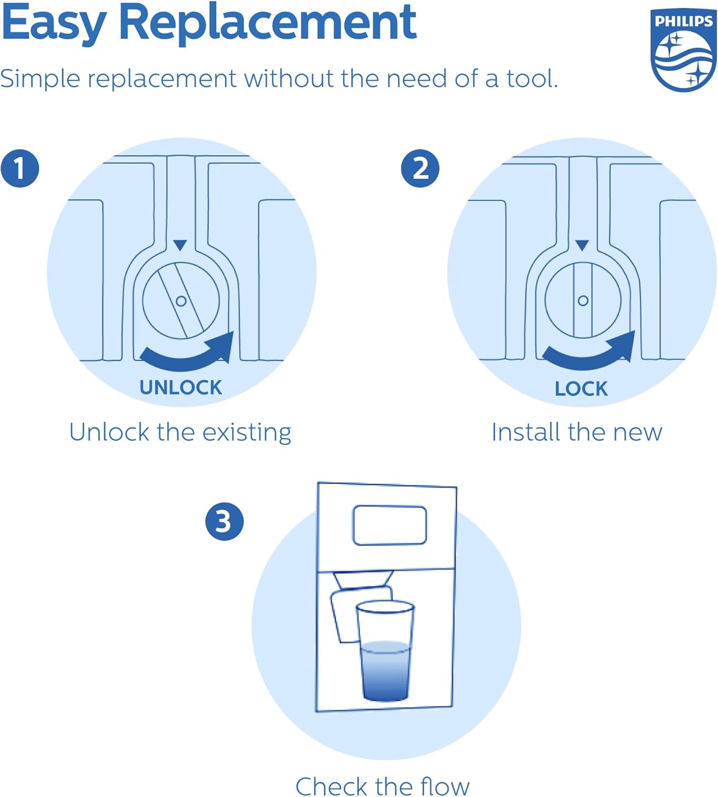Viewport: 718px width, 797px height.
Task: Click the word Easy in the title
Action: point(53,24)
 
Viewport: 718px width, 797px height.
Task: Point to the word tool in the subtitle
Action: point(531,79)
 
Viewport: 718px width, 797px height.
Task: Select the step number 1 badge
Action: point(20,168)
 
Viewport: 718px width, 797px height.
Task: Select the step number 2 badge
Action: point(420,168)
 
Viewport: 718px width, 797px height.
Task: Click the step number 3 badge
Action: point(224,521)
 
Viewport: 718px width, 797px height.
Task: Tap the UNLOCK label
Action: point(181,387)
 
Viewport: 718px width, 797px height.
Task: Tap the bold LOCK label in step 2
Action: point(581,388)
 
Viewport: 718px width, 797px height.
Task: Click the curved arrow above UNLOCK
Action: point(189,353)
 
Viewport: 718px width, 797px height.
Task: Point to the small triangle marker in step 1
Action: point(180,245)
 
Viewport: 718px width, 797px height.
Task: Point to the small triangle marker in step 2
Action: point(582,245)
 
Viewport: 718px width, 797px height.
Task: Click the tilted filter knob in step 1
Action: point(181,301)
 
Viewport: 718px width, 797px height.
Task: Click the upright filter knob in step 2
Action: point(582,300)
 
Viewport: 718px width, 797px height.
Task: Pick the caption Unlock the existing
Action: point(180,432)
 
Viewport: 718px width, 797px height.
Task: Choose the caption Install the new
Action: point(577,432)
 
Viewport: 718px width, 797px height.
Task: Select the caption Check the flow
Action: point(383,786)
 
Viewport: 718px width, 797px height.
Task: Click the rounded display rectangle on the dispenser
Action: point(390,525)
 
